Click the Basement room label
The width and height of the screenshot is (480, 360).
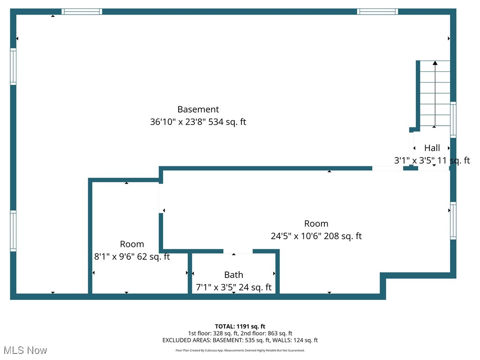(198, 109)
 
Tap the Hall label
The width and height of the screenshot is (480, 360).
(432, 148)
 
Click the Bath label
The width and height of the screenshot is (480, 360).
(233, 275)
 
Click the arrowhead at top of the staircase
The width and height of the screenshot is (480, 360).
(435, 63)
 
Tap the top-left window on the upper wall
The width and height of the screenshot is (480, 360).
(82, 12)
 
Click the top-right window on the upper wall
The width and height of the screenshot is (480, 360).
(377, 12)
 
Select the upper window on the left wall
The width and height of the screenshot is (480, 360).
(13, 67)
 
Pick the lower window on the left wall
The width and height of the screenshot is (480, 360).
(13, 231)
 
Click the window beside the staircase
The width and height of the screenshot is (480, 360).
(453, 120)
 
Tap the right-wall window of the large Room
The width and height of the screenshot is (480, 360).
(453, 220)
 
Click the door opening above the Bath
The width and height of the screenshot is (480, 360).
(238, 251)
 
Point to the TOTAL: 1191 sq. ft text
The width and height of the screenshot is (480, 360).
(240, 326)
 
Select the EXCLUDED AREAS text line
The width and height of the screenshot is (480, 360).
(240, 340)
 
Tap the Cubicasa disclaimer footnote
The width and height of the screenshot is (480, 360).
(240, 350)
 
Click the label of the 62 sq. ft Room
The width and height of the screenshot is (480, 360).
(132, 244)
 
